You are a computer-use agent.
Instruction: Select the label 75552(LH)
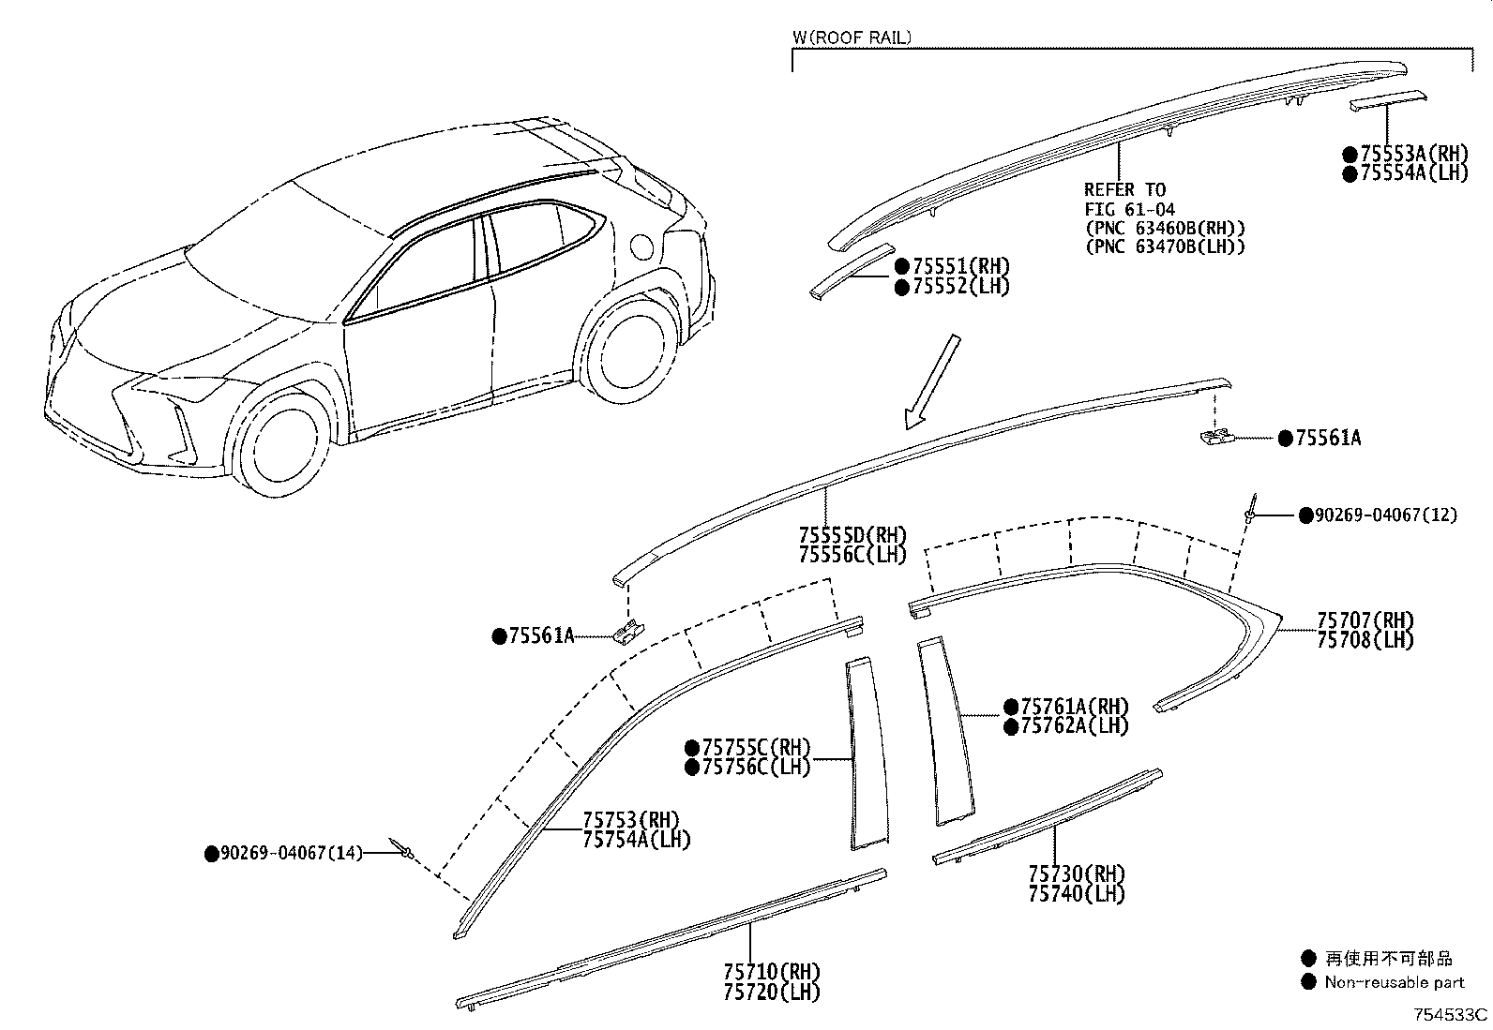[x=959, y=287]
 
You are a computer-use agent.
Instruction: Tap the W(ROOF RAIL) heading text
[x=852, y=38]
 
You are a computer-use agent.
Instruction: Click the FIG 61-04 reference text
[x=1129, y=209]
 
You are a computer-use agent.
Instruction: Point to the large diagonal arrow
[x=932, y=381]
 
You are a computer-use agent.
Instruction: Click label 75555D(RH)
[x=852, y=535]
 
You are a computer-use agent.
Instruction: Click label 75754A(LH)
[x=636, y=840]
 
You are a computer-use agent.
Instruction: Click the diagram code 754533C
[x=1452, y=1015]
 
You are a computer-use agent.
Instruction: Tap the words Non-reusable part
[x=1394, y=982]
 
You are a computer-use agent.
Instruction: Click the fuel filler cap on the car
[x=642, y=246]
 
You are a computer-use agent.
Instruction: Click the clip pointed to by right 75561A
[x=1215, y=438]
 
